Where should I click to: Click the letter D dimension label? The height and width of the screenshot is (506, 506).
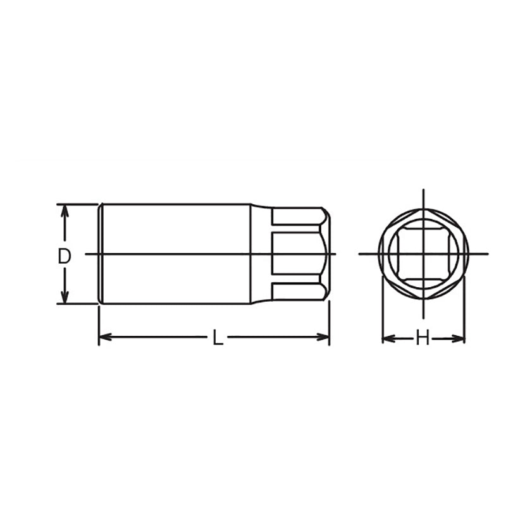coord(64,256)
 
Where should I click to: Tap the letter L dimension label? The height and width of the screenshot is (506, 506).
coord(218,339)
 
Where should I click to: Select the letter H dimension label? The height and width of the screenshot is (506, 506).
coord(423,340)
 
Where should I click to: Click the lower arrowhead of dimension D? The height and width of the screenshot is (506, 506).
coord(64,298)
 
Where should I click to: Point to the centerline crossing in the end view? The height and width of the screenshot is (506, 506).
coord(423,254)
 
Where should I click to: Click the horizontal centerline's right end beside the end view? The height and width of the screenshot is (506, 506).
coord(487,254)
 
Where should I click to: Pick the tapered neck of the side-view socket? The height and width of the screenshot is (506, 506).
coord(261,253)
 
